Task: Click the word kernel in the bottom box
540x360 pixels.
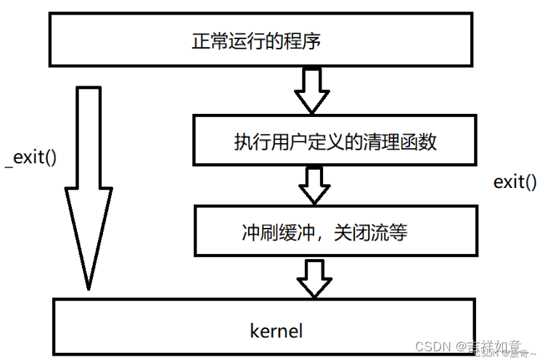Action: click(276, 332)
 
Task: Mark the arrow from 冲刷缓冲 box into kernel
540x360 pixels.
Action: click(314, 277)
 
